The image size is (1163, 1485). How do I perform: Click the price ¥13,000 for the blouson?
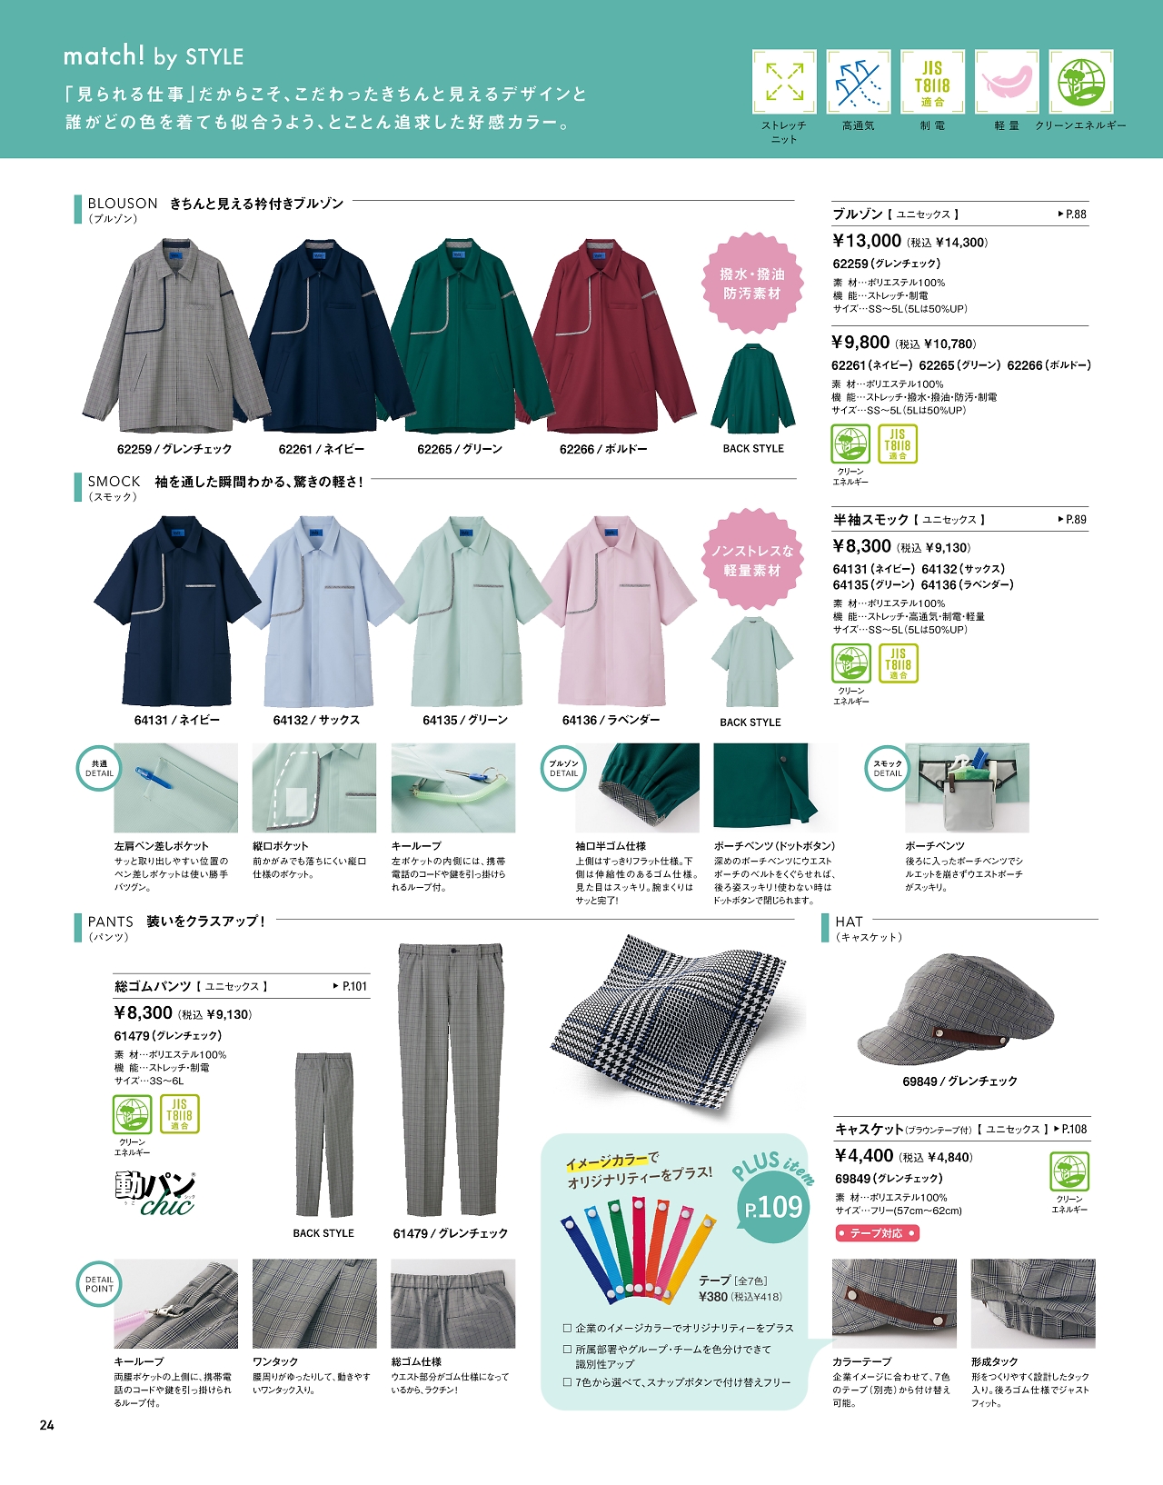pyautogui.click(x=867, y=241)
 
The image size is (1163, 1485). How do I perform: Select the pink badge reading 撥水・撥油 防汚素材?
pyautogui.click(x=752, y=284)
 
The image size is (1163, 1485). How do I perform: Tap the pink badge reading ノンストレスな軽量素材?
pyautogui.click(x=751, y=560)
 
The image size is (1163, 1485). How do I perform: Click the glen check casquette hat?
pyautogui.click(x=956, y=1009)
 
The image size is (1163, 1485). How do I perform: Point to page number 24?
pyautogui.click(x=47, y=1425)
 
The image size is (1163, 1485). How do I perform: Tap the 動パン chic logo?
pyautogui.click(x=155, y=1192)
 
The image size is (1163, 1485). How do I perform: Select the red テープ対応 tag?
pyautogui.click(x=877, y=1233)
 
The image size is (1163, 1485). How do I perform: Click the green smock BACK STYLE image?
pyautogui.click(x=751, y=662)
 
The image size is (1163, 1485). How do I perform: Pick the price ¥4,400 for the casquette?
pyautogui.click(x=864, y=1156)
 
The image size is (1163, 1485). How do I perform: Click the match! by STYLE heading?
pyautogui.click(x=154, y=56)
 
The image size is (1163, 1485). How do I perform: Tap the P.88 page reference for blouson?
pyautogui.click(x=1073, y=214)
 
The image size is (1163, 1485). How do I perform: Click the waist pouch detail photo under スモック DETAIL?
pyautogui.click(x=967, y=788)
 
